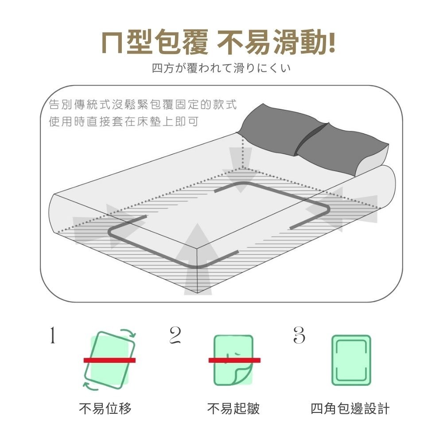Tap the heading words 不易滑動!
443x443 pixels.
point(277,43)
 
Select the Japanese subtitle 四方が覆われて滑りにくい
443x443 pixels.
point(221,69)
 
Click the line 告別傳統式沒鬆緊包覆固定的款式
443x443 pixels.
point(143,105)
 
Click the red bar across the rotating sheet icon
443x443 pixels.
point(109,360)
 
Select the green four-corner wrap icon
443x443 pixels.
point(351,360)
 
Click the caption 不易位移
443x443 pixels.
point(105,408)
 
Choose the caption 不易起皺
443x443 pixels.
point(233,408)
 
